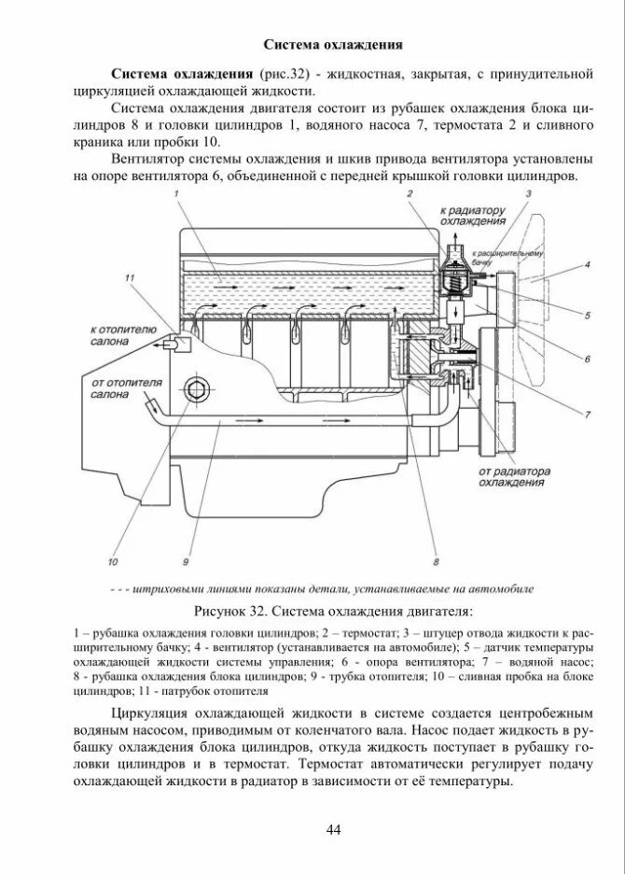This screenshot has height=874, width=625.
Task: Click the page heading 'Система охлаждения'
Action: point(332,44)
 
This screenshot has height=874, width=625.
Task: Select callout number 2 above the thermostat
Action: point(409,193)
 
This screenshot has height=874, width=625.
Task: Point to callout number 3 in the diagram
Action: point(529,193)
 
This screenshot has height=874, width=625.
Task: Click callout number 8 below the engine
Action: point(436,561)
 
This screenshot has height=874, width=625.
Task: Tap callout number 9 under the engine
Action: point(186,561)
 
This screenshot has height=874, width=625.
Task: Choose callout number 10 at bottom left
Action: point(113,561)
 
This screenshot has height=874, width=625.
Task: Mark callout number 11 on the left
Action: point(130,278)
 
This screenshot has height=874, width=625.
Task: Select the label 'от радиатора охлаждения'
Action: point(513,477)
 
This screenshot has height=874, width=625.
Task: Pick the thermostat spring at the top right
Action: point(451,276)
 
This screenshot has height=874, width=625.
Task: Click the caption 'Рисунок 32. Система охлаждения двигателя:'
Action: point(332,613)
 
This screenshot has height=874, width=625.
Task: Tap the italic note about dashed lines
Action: point(321,589)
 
